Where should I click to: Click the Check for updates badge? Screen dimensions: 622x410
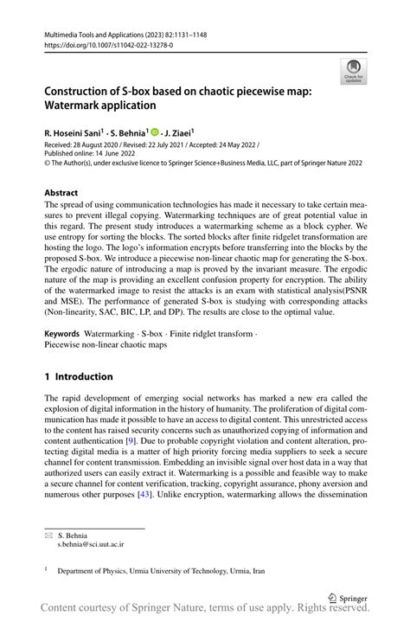click(352, 71)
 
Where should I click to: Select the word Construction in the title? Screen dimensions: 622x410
click(80, 90)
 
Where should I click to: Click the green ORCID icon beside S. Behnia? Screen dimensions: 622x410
click(155, 132)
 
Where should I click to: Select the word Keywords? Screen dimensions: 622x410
click(63, 332)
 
